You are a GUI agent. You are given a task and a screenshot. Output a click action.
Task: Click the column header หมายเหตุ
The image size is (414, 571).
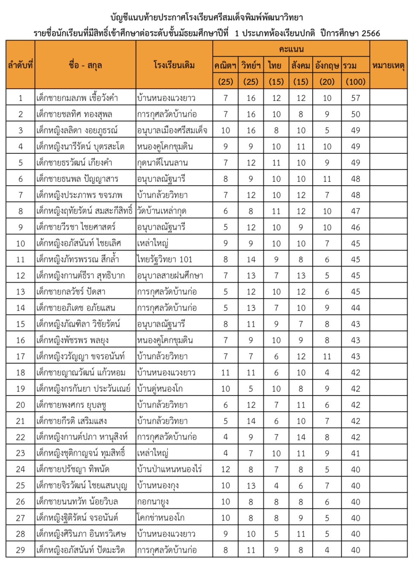(x=388, y=65)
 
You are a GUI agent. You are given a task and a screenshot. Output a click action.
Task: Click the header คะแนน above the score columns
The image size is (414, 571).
(x=291, y=49)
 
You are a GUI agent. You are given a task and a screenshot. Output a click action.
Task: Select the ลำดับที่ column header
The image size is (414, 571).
(x=21, y=65)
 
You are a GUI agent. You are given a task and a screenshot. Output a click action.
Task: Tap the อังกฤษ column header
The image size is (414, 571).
(x=327, y=66)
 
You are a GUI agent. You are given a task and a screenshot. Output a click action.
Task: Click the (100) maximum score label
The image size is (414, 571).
(x=356, y=82)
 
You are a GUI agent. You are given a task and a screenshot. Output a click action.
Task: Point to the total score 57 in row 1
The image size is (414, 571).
(x=356, y=98)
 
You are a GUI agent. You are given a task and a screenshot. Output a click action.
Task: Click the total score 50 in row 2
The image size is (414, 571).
(x=356, y=114)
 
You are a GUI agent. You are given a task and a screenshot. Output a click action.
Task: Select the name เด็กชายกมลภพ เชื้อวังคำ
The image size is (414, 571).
(x=77, y=98)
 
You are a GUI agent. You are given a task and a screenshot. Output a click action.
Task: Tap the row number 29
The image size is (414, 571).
(x=21, y=550)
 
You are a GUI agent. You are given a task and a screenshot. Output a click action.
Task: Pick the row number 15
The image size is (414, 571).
(x=21, y=324)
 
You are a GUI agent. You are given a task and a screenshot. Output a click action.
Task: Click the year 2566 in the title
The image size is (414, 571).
(x=371, y=33)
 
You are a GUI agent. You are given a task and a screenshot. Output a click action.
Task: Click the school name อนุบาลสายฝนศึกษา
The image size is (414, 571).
(x=170, y=276)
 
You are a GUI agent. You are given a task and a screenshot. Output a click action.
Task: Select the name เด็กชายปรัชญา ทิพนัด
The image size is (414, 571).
(x=73, y=469)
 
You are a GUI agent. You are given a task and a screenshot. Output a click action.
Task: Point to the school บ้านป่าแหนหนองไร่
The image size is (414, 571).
(x=169, y=469)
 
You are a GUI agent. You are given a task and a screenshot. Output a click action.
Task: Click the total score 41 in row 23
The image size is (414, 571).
(x=356, y=453)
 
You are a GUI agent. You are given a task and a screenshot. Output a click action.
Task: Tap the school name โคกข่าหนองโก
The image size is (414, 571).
(x=161, y=518)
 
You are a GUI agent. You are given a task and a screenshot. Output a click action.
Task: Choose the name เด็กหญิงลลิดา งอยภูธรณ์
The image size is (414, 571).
(x=77, y=131)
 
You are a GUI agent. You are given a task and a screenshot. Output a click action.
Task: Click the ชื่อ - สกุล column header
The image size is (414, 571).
(x=85, y=65)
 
